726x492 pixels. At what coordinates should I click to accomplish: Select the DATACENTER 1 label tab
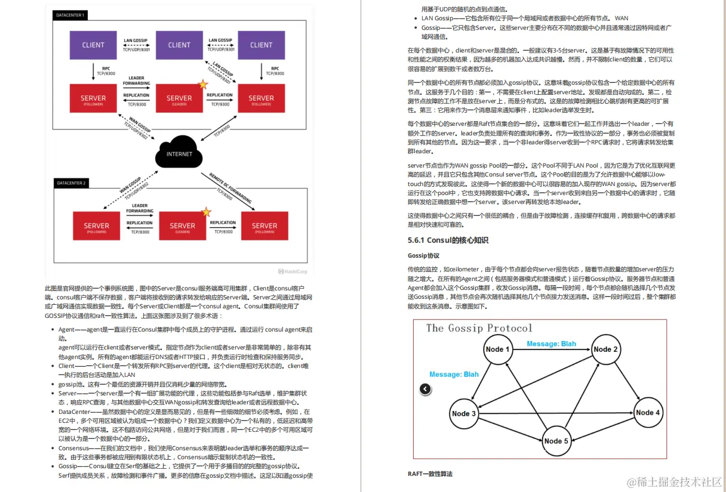point(70,14)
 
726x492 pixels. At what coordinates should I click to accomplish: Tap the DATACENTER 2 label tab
point(70,182)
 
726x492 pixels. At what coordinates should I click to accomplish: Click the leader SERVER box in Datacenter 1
point(179,98)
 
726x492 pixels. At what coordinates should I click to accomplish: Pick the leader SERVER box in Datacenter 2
point(182,226)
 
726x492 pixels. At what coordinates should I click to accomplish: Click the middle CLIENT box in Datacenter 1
point(179,45)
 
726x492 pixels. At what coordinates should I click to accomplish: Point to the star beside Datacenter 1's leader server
point(203,85)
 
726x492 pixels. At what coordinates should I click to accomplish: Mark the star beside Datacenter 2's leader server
point(206,212)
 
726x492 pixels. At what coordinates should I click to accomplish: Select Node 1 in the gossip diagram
point(497,349)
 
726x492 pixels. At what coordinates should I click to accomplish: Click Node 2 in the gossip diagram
point(605,349)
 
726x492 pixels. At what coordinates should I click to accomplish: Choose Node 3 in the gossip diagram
point(464,413)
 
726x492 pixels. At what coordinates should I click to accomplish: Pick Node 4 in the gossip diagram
point(648,413)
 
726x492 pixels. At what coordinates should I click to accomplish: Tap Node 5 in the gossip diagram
point(556,441)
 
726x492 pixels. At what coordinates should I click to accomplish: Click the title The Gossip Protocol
point(479,328)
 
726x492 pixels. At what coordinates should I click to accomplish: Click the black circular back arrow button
point(424,389)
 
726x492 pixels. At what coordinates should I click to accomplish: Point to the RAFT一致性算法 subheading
point(430,474)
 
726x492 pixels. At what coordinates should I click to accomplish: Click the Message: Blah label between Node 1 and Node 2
point(551,344)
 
